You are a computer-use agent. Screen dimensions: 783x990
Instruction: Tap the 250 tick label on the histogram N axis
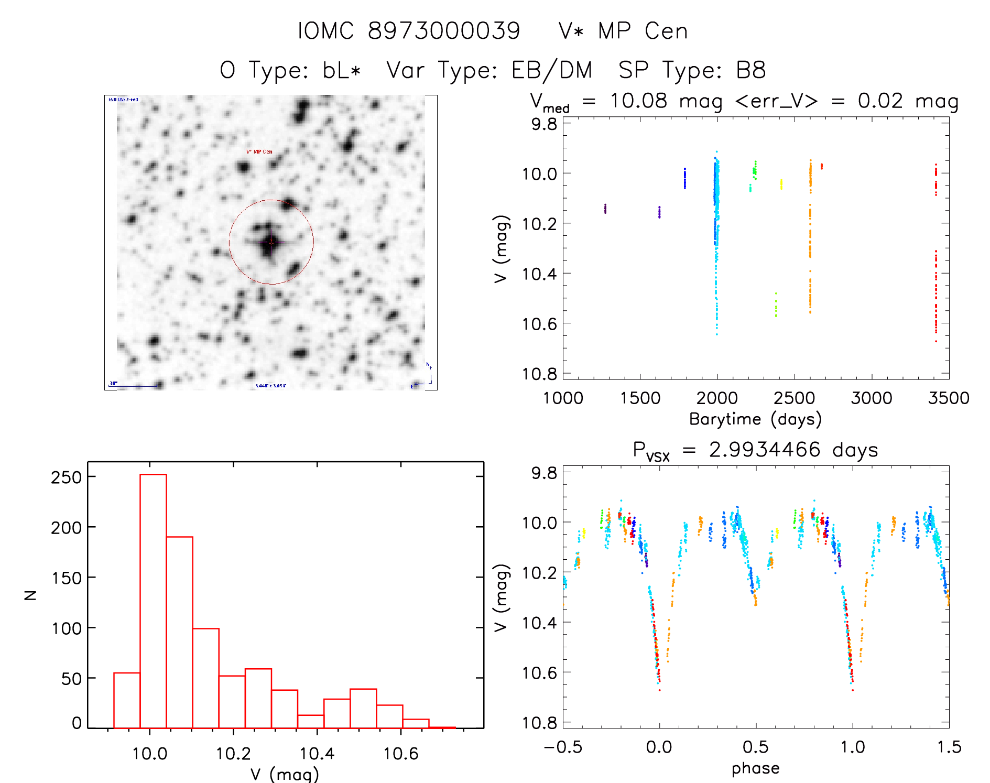(x=67, y=477)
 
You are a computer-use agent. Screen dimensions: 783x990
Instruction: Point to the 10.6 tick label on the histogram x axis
(x=401, y=754)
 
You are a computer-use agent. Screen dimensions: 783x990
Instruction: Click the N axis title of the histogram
(x=31, y=595)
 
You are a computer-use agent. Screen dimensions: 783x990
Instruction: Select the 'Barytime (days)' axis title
(x=755, y=419)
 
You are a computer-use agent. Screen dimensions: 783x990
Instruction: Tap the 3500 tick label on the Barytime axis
(x=948, y=398)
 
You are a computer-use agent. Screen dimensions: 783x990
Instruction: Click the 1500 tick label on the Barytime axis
(x=640, y=398)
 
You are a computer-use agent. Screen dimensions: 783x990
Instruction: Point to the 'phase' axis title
(x=755, y=768)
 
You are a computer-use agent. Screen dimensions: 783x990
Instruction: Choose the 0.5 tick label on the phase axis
(x=755, y=747)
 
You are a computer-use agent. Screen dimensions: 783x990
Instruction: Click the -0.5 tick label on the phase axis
(x=563, y=747)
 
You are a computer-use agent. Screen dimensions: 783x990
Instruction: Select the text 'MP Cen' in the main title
(x=643, y=31)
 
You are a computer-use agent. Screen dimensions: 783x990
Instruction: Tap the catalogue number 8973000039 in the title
(x=444, y=31)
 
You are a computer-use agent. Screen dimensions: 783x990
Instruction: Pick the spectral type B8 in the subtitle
(x=751, y=70)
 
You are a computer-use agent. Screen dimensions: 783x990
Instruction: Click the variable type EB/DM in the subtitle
(x=552, y=70)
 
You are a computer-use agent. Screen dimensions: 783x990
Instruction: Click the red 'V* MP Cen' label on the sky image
(x=259, y=152)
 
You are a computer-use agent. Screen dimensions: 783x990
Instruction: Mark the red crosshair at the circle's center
(x=271, y=242)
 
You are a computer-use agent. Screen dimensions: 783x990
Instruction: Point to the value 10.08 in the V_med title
(x=638, y=101)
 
